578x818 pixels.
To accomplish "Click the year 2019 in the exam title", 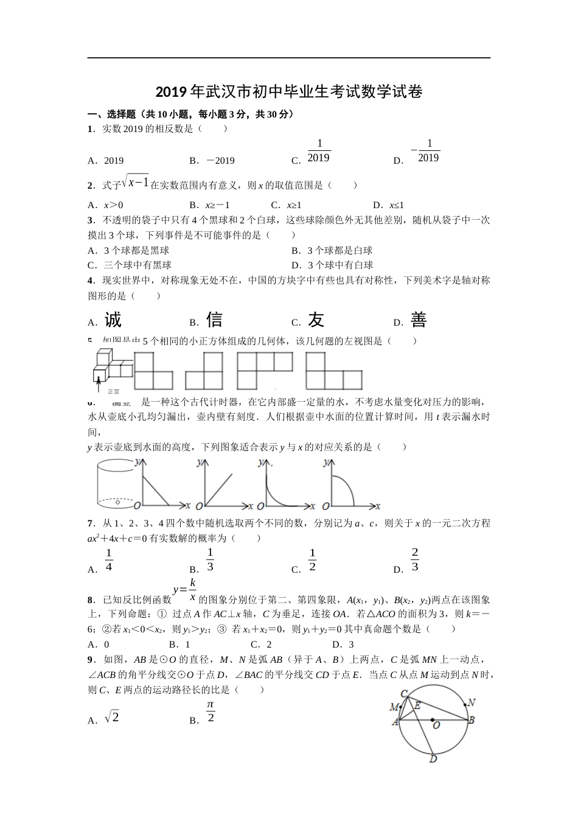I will pyautogui.click(x=172, y=93).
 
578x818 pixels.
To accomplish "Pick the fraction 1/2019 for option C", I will pyautogui.click(x=319, y=150).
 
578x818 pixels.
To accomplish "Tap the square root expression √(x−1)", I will pyautogui.click(x=135, y=181).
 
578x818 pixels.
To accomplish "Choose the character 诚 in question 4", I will pyautogui.click(x=113, y=320).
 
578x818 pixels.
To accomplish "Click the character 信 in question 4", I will pyautogui.click(x=214, y=320).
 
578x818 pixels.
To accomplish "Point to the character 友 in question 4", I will pyautogui.click(x=316, y=320).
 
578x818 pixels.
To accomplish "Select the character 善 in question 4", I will pyautogui.click(x=418, y=320).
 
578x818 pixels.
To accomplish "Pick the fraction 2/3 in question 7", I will pyautogui.click(x=415, y=559).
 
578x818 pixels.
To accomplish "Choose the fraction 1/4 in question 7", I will pyautogui.click(x=109, y=560).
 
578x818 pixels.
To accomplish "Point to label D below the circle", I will pyautogui.click(x=433, y=759).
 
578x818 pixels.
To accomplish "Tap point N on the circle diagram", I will pyautogui.click(x=472, y=702).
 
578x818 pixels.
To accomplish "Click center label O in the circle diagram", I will pyautogui.click(x=436, y=725).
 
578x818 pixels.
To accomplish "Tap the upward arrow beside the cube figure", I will pyautogui.click(x=98, y=383).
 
